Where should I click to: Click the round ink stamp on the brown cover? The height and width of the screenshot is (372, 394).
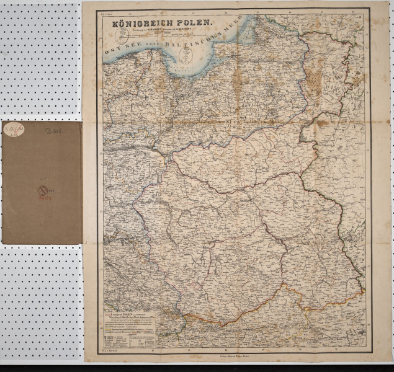[42, 189]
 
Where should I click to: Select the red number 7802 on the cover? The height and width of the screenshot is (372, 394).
[43, 197]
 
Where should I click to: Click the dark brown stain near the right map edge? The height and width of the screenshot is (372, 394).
[323, 124]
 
